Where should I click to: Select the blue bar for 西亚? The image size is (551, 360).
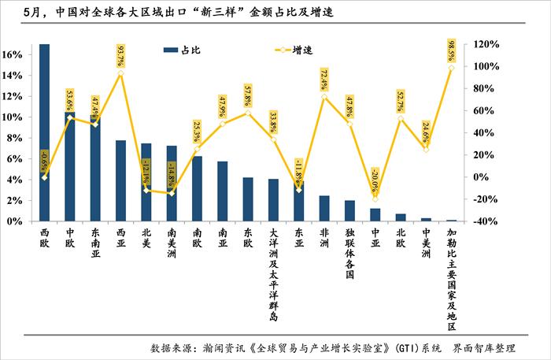coord(120,180)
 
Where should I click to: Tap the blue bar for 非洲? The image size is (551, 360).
coord(324,208)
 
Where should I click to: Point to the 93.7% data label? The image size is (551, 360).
coord(121,56)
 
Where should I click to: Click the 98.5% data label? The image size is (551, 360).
coord(451,50)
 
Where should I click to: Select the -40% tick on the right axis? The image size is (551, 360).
coord(483,221)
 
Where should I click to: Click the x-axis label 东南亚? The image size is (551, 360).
coord(95,243)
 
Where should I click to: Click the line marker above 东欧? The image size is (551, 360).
coord(247,113)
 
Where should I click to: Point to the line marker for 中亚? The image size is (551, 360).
coord(375,199)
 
